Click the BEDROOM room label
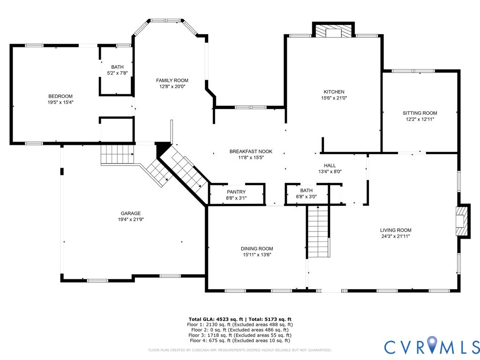(60, 96)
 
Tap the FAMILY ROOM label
(172, 80)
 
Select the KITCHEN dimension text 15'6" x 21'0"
(334, 98)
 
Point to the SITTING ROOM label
(420, 113)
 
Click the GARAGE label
(131, 213)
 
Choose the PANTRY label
(236, 192)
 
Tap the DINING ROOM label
(257, 248)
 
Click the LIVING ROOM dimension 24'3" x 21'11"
(396, 236)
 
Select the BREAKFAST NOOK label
(251, 151)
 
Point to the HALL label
(330, 165)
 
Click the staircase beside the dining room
(318, 232)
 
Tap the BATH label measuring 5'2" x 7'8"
(117, 67)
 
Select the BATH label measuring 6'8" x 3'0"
(306, 190)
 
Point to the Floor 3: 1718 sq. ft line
(240, 335)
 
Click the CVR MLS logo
(432, 346)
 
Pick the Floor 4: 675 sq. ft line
(240, 340)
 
